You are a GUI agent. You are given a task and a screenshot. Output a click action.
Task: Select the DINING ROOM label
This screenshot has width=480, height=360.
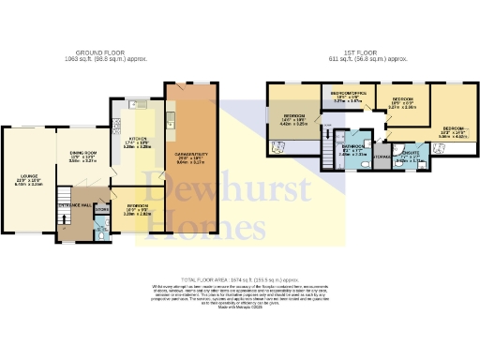point(83,157)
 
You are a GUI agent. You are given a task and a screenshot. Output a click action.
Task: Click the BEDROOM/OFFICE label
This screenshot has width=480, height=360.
point(348,92)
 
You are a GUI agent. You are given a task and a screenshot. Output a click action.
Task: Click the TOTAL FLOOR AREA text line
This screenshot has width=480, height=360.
point(239,279)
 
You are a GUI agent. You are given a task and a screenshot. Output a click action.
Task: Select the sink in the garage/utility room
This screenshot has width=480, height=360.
point(171,119)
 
